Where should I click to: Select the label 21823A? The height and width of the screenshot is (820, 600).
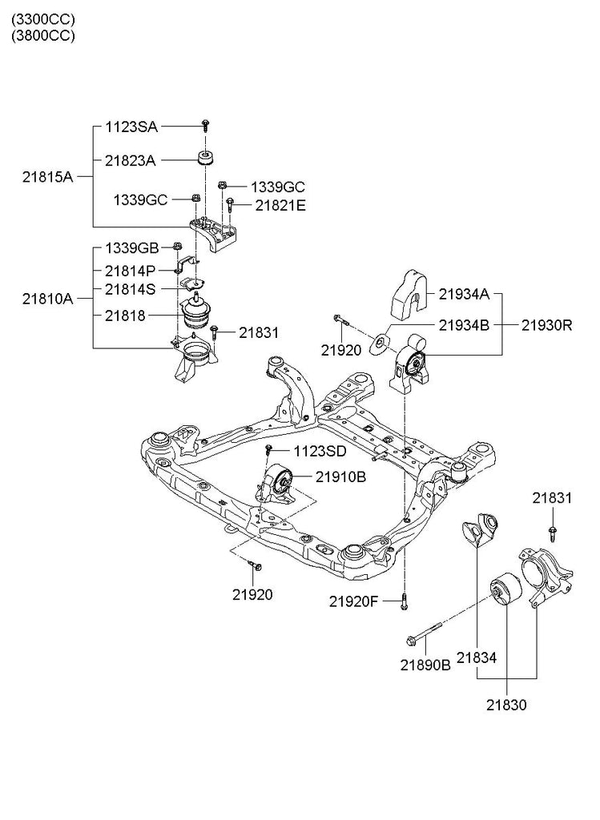click(x=130, y=160)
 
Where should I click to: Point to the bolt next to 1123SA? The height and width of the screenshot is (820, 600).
click(x=206, y=125)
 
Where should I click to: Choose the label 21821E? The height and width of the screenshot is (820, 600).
click(x=280, y=205)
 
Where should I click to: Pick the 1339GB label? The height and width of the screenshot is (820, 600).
click(x=131, y=247)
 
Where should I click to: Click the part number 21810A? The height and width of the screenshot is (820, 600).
click(x=47, y=299)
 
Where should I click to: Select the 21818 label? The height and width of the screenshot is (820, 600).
click(x=125, y=316)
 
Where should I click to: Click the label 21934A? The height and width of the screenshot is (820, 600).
click(x=464, y=294)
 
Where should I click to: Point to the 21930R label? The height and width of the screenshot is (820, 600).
click(x=547, y=325)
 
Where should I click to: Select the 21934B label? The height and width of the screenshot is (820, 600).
click(x=464, y=325)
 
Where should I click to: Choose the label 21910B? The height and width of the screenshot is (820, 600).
click(x=340, y=476)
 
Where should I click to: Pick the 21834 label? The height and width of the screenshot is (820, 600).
click(x=477, y=657)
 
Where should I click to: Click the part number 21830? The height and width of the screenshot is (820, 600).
click(x=506, y=705)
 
